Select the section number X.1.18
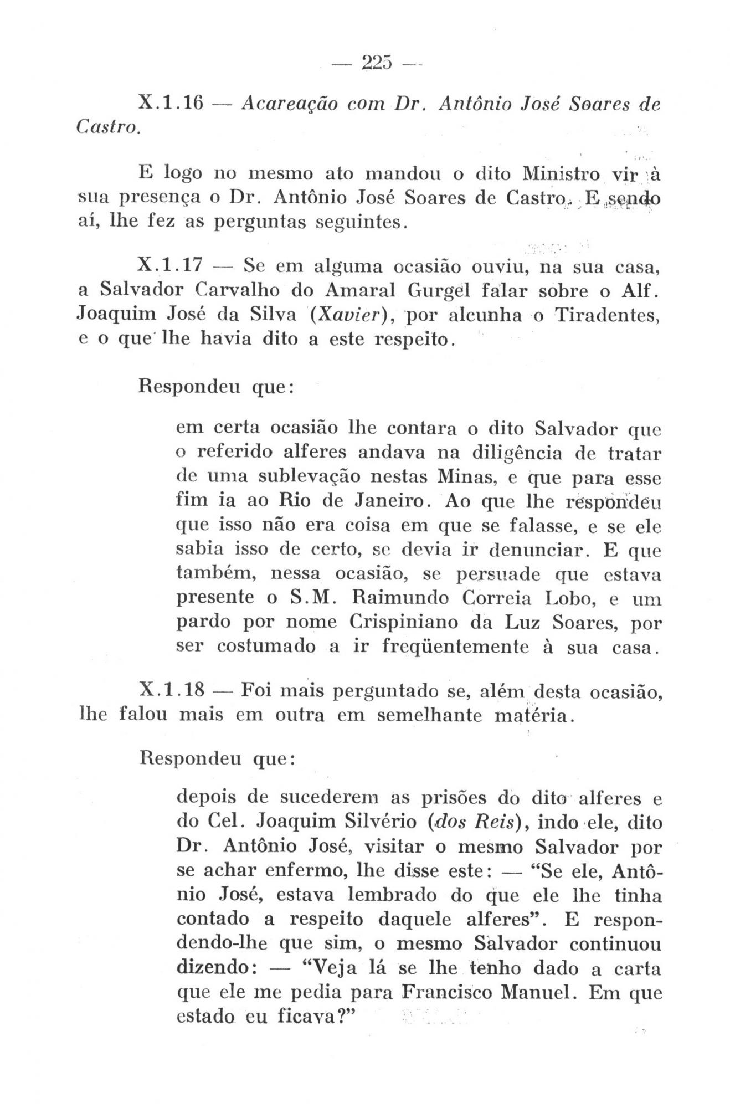point(173,690)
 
